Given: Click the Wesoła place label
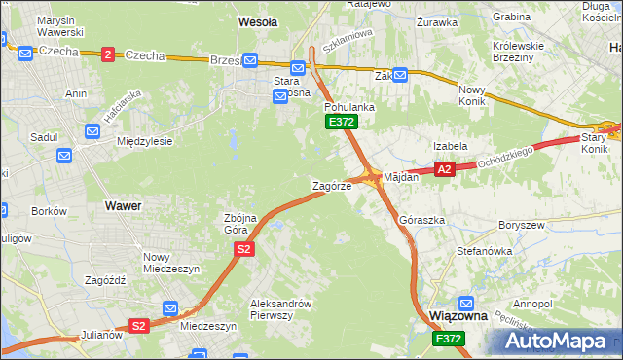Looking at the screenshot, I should (258, 20).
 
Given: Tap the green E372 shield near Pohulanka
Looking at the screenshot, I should (342, 122).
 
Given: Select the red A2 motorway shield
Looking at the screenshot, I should (444, 169).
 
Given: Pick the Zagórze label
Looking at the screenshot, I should (331, 185).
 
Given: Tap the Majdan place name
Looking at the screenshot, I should (401, 177).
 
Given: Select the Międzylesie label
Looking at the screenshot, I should (144, 141).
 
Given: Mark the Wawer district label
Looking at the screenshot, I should (123, 206).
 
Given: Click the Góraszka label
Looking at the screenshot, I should (422, 220).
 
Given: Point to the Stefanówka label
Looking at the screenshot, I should (484, 251).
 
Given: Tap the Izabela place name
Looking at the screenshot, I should (451, 146).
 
